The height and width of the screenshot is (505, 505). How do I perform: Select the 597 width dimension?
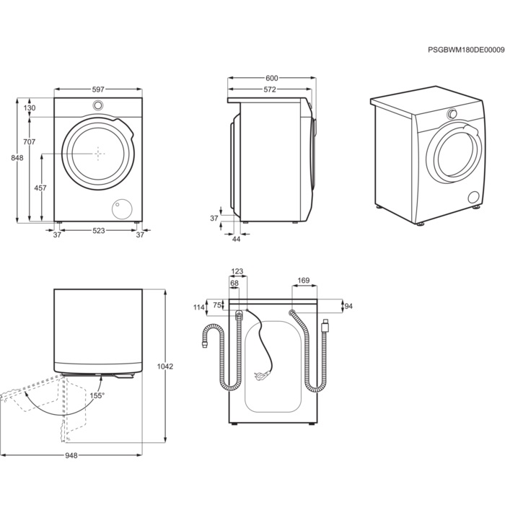[x=98, y=89]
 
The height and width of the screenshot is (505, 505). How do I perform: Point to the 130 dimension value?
[x=30, y=107]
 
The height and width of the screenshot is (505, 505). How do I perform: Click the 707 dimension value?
[x=30, y=142]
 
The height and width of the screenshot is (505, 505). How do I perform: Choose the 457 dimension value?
[x=40, y=188]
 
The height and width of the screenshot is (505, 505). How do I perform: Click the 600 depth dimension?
[x=271, y=78]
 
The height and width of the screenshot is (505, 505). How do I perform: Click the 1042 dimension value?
[x=165, y=366]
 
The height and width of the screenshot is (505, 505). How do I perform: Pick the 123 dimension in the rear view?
[x=237, y=272]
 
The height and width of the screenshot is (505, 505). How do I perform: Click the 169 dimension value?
[x=304, y=281]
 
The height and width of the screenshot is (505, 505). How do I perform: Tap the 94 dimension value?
[x=348, y=306]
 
